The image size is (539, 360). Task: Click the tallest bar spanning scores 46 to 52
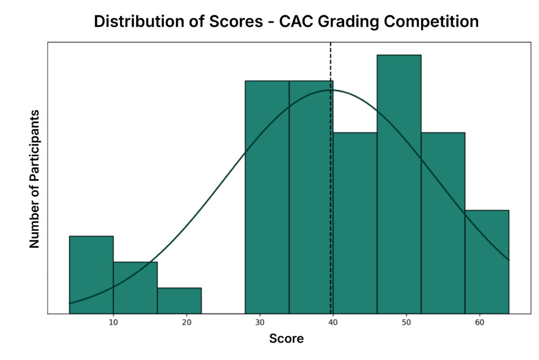tap(398, 184)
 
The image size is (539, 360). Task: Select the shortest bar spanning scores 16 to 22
tap(179, 301)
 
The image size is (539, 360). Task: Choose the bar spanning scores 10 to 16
tap(135, 287)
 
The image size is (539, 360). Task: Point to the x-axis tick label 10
tap(113, 322)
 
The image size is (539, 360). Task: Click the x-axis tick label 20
tap(186, 322)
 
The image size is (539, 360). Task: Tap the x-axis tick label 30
tap(259, 322)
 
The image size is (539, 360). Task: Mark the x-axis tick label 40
tap(333, 322)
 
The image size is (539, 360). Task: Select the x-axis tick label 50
tap(406, 322)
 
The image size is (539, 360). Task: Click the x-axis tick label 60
tap(480, 322)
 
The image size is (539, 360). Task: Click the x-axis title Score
tap(286, 338)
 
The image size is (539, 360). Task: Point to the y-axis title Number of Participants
tap(35, 179)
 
